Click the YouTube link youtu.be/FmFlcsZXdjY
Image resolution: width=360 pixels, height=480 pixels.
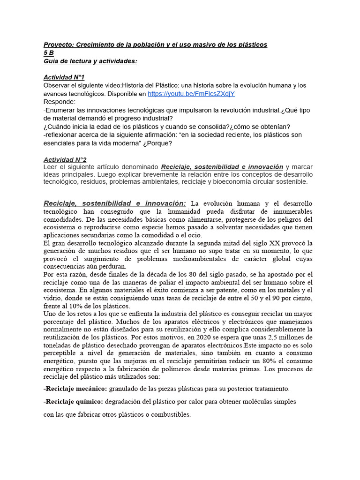pos(191,94)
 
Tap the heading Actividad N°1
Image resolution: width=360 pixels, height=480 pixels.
pos(64,77)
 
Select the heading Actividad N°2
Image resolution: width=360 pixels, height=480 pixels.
pos(65,159)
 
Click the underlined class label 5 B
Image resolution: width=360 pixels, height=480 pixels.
pos(48,53)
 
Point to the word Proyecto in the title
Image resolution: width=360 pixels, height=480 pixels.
pos(58,45)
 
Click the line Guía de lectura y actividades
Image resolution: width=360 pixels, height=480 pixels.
pos(90,61)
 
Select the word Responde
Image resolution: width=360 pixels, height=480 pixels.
pos(59,102)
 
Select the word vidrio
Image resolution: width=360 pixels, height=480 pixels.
pos(52,298)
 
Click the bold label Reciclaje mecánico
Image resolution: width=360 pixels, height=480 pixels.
pos(75,389)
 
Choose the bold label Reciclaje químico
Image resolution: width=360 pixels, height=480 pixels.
pos(74,402)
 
